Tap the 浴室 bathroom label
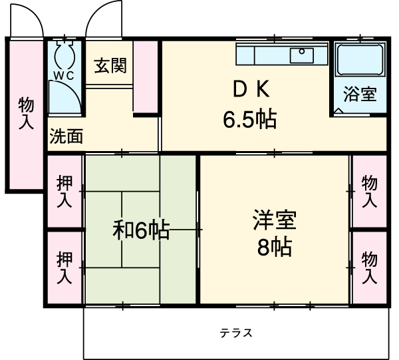pos(360,94)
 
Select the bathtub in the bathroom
pos(359,60)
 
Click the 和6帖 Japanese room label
pos(140,230)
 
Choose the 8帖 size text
pos(274,248)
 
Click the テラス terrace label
pos(236,333)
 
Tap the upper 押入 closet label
pos(65,190)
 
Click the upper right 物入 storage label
pos(370,190)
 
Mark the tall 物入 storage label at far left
pos(26,113)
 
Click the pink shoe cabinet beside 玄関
pos(146,77)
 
